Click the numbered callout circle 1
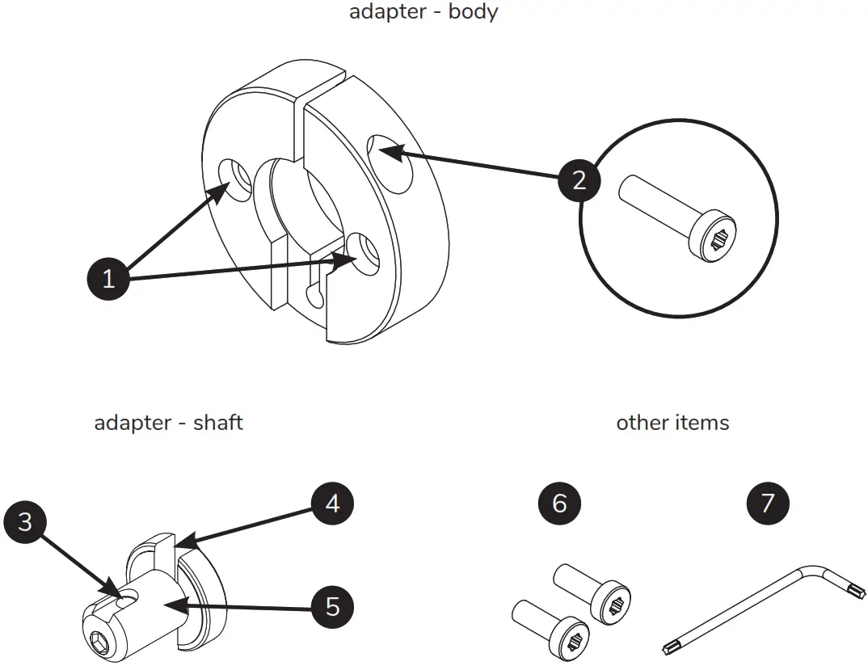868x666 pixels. point(108,280)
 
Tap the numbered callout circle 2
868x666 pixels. point(579,180)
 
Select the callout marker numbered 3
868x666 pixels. point(25,521)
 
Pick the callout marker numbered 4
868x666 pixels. point(333,504)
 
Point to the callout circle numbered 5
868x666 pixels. point(333,606)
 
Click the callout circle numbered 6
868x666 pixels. point(559,504)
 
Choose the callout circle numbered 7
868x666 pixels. point(767,504)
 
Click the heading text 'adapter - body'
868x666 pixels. point(423,12)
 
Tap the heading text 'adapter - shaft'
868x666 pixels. point(168,423)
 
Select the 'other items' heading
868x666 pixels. point(672,423)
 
